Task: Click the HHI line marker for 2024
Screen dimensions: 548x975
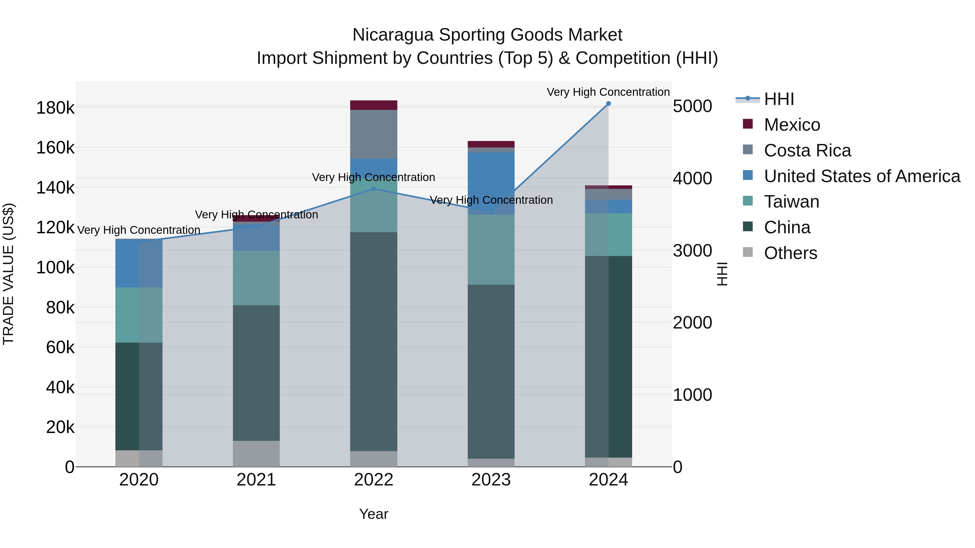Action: pyautogui.click(x=608, y=104)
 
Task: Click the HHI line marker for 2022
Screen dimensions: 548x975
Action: pyautogui.click(x=373, y=189)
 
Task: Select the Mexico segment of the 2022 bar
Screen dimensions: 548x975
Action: pyautogui.click(x=373, y=105)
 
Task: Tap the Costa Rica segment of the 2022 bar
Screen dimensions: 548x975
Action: pyautogui.click(x=373, y=134)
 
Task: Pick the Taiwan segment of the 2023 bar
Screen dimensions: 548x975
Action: pyautogui.click(x=491, y=250)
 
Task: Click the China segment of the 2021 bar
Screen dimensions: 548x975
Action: pyautogui.click(x=256, y=373)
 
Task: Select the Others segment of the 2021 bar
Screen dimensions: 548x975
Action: pyautogui.click(x=256, y=454)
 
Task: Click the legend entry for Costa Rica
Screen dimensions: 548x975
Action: pyautogui.click(x=807, y=150)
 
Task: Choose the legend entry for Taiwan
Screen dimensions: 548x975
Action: pyautogui.click(x=791, y=202)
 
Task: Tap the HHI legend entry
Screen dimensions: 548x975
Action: pyautogui.click(x=779, y=99)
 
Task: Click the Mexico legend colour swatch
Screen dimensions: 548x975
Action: pyautogui.click(x=747, y=124)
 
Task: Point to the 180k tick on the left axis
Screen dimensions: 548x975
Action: pyautogui.click(x=55, y=108)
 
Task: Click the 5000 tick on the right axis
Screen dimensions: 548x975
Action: pyautogui.click(x=692, y=106)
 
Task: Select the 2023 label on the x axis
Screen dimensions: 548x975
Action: pyautogui.click(x=491, y=480)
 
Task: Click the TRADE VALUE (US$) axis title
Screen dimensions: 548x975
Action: pyautogui.click(x=8, y=274)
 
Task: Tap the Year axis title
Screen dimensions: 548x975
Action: pyautogui.click(x=373, y=514)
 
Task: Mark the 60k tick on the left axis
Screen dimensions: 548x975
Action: pyautogui.click(x=60, y=347)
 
